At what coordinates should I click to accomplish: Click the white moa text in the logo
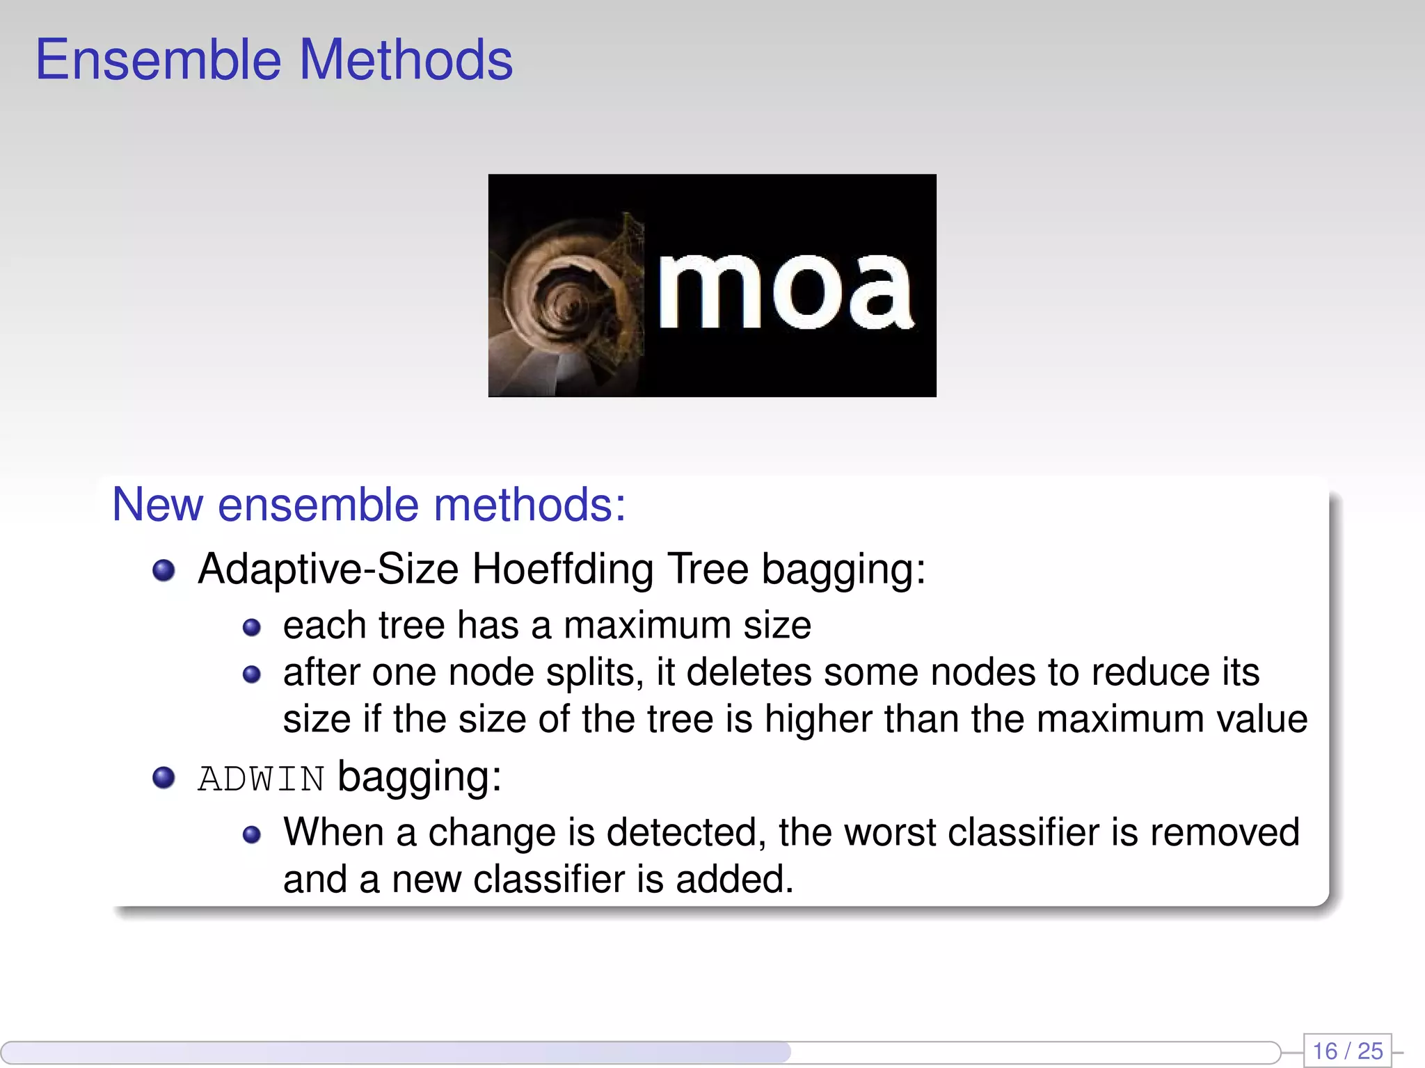pyautogui.click(x=785, y=291)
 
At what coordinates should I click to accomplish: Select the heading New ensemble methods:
pyautogui.click(x=369, y=505)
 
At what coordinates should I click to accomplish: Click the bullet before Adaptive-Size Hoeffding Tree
pyautogui.click(x=164, y=571)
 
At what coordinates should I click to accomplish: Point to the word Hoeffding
pyautogui.click(x=562, y=569)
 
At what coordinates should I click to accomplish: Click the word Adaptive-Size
pyautogui.click(x=328, y=569)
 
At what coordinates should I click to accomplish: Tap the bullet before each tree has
pyautogui.click(x=251, y=628)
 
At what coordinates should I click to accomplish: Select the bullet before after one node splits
pyautogui.click(x=251, y=674)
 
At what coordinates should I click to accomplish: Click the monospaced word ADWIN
pyautogui.click(x=261, y=779)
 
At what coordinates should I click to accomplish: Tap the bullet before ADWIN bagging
pyautogui.click(x=164, y=777)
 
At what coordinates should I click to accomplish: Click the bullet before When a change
pyautogui.click(x=251, y=834)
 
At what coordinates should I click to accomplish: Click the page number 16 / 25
pyautogui.click(x=1347, y=1051)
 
